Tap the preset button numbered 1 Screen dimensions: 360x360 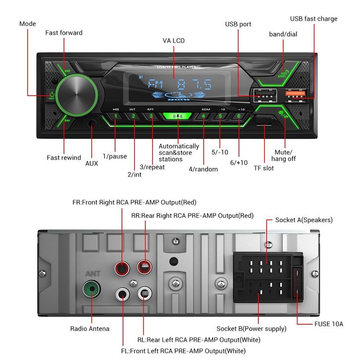pyautogui.click(x=115, y=117)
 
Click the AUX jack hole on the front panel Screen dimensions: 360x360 pyautogui.click(x=92, y=124)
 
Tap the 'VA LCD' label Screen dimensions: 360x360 pyautogui.click(x=174, y=41)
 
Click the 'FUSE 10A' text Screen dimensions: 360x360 pyautogui.click(x=329, y=324)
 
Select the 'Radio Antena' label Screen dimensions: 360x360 pyautogui.click(x=90, y=328)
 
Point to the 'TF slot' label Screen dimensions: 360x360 pyautogui.click(x=264, y=168)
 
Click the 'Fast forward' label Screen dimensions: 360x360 pyautogui.click(x=64, y=33)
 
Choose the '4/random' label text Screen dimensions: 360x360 pyautogui.click(x=203, y=169)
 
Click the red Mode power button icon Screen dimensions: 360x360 pyautogui.click(x=52, y=94)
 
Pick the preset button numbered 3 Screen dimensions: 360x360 pyautogui.click(x=151, y=117)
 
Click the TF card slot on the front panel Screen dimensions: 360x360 pyautogui.click(x=264, y=121)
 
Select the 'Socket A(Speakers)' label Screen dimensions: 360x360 pyautogui.click(x=304, y=220)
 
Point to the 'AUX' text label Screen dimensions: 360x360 pyautogui.click(x=92, y=163)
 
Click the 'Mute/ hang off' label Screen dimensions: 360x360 pyautogui.click(x=284, y=155)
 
